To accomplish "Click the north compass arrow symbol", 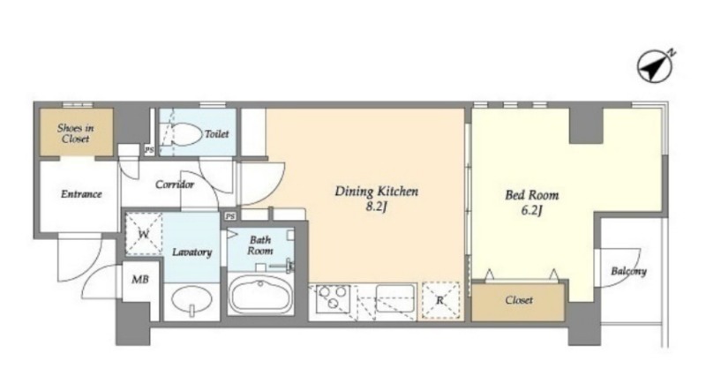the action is tap(655, 67).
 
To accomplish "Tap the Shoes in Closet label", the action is tap(76, 133).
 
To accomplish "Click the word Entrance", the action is tap(81, 194).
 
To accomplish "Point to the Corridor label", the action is tap(175, 184).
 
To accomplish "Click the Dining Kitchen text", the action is tap(377, 192).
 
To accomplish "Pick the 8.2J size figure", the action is tap(377, 207).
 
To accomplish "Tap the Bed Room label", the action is tap(532, 195).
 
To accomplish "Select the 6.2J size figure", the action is tap(532, 210).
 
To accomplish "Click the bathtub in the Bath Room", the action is tap(260, 295).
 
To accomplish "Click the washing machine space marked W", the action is tap(144, 234).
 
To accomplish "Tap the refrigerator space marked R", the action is tap(440, 300).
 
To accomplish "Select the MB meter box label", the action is tap(140, 280).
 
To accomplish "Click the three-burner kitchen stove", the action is tap(334, 298).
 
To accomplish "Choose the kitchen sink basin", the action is tap(394, 297).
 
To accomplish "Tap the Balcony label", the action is tap(628, 271).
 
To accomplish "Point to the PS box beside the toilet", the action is tap(149, 150).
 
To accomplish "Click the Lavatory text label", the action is tap(192, 252).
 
